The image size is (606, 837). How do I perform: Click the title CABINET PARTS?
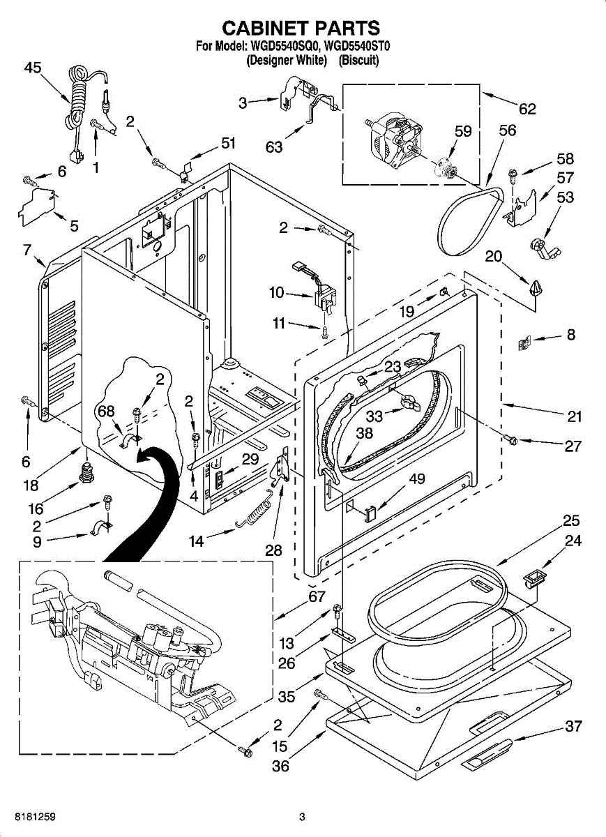click(301, 28)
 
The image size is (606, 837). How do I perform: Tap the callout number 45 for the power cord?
click(33, 68)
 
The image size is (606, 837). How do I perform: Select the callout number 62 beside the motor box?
click(527, 108)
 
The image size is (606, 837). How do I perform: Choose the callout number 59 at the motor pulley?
click(463, 130)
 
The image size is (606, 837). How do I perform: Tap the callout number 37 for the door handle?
click(573, 726)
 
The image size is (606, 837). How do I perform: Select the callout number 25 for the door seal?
click(572, 521)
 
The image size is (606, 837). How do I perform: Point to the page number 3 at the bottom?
click(302, 817)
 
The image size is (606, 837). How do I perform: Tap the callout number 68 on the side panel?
click(106, 412)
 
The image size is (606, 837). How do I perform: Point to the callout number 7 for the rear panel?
click(27, 249)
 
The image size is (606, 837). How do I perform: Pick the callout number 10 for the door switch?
click(277, 293)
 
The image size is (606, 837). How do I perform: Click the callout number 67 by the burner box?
click(317, 596)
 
